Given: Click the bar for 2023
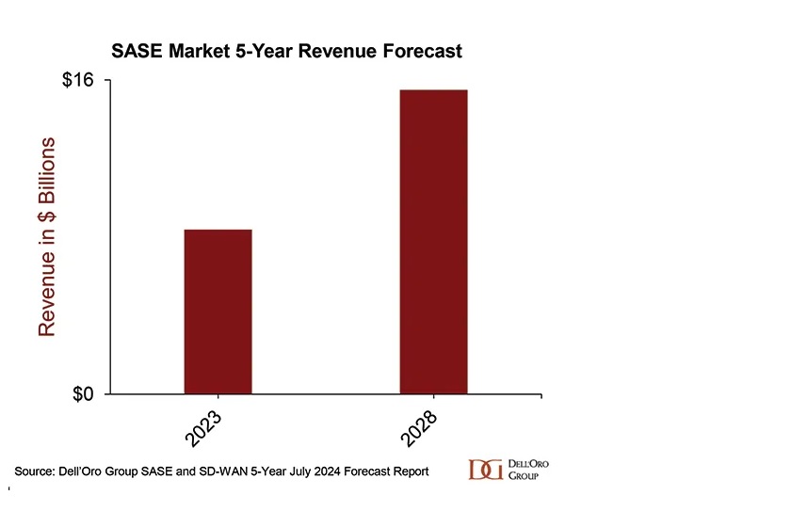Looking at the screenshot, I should click(x=218, y=311).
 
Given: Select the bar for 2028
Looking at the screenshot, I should click(x=433, y=242).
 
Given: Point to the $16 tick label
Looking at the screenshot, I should click(x=78, y=81).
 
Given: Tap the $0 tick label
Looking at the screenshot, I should click(x=84, y=393).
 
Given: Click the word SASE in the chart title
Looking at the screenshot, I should click(x=137, y=51).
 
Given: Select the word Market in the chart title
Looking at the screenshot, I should click(x=198, y=51).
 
